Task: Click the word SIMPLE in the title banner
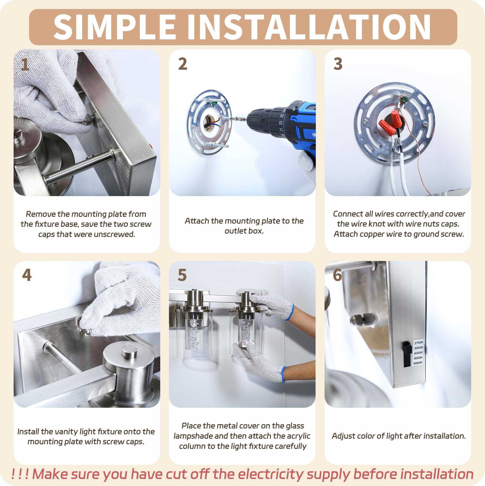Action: (x=114, y=27)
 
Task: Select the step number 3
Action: (x=338, y=64)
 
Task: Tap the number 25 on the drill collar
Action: (x=282, y=115)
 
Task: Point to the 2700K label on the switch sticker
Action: (x=419, y=343)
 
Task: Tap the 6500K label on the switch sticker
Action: (x=418, y=363)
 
